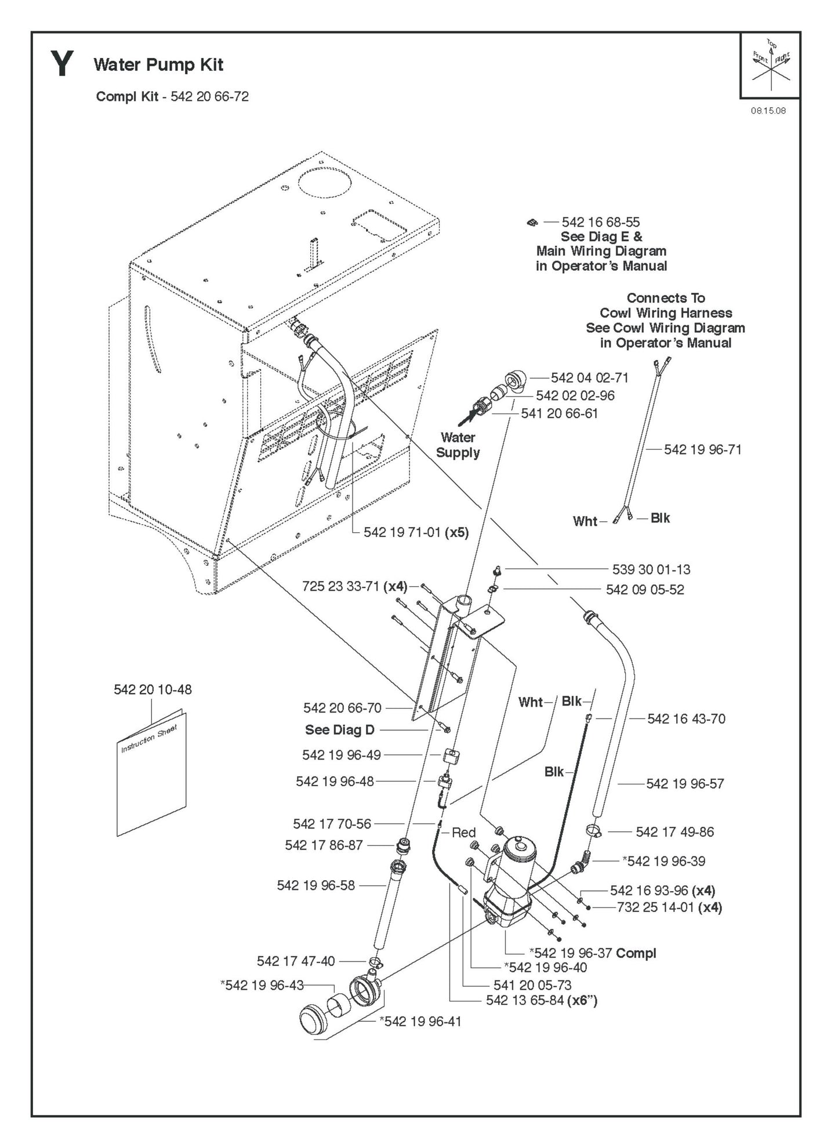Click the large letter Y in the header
coord(62,64)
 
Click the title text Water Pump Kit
coord(158,64)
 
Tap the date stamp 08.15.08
coord(768,111)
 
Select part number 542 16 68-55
coord(600,222)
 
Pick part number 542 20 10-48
coord(153,689)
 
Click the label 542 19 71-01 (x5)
coord(416,532)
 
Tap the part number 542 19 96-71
coord(702,449)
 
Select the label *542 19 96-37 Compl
coord(593,953)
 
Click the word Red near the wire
coord(463,833)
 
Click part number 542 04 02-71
coord(589,377)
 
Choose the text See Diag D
coord(340,730)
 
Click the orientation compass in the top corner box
coord(771,65)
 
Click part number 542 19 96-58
coord(315,885)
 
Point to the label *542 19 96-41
coord(420,1021)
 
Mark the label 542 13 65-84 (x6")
coord(542,1000)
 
